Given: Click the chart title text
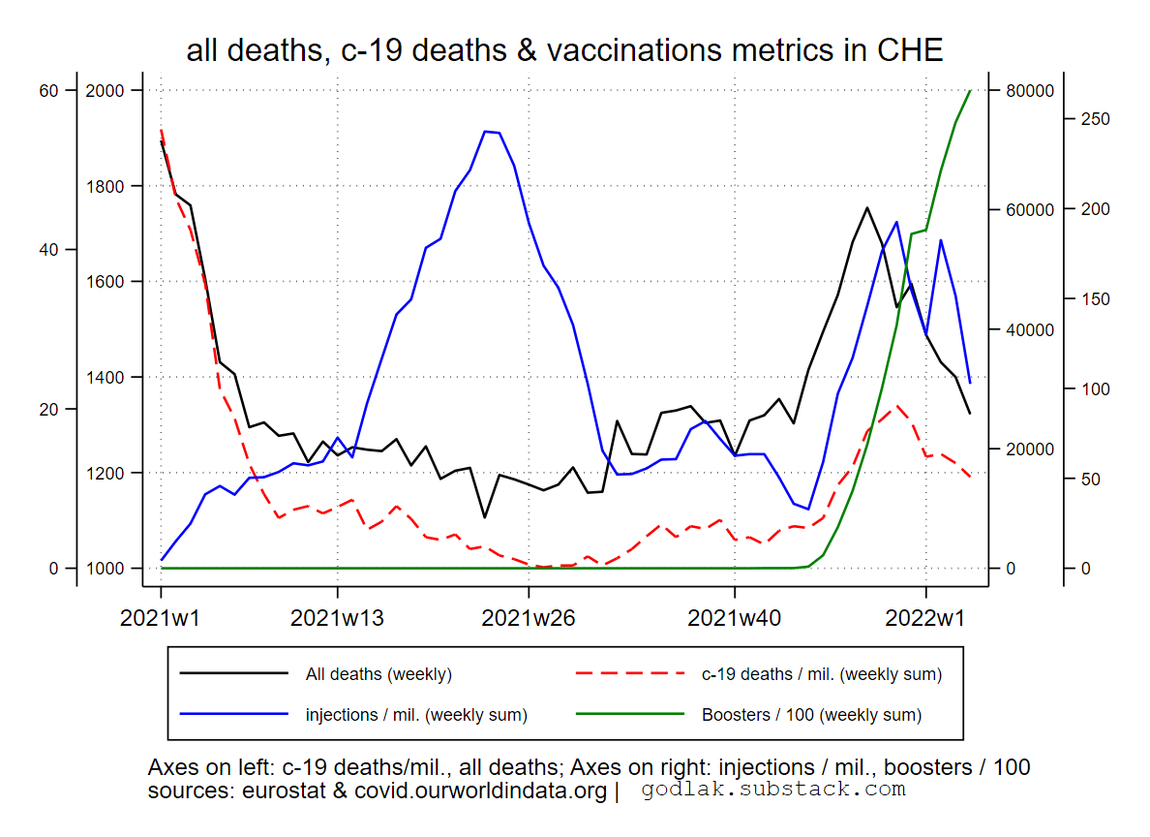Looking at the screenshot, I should [564, 50].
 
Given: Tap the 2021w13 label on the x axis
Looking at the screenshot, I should [337, 618].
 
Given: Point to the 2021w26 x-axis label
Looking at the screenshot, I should [529, 618].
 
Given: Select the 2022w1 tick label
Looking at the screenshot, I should [925, 618].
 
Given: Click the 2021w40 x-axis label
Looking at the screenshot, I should [735, 618].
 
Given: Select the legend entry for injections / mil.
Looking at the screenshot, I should [416, 715].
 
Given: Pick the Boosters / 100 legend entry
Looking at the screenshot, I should [811, 715].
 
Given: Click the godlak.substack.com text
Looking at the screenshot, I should [773, 790].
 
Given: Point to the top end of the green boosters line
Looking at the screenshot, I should [970, 91].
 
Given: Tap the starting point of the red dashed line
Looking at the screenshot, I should [161, 130].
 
